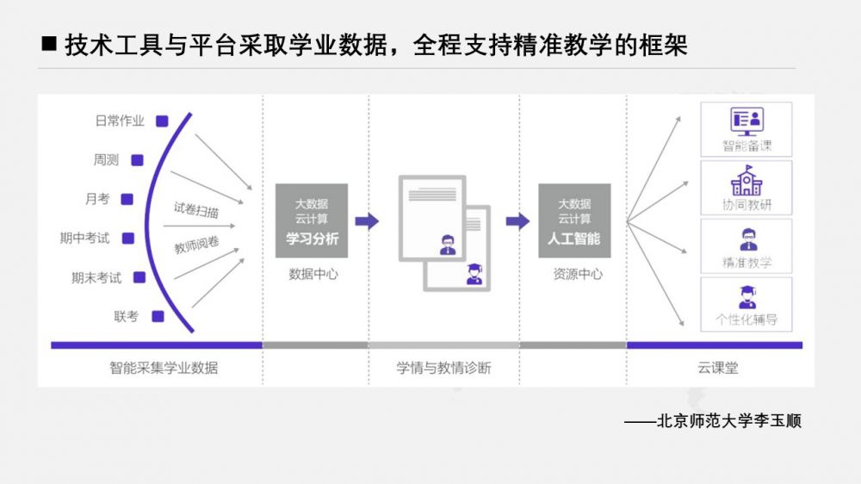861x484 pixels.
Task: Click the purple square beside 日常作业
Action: click(x=161, y=121)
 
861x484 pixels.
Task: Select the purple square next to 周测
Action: click(x=136, y=159)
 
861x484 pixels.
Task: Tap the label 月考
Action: click(x=97, y=199)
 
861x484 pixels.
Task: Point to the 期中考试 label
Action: click(x=84, y=239)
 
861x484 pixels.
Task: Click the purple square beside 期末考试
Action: click(x=139, y=277)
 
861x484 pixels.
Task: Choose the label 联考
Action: click(x=126, y=316)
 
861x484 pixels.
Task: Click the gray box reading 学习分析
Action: click(x=312, y=220)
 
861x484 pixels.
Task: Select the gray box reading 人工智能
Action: click(x=574, y=220)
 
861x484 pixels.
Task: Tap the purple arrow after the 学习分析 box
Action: click(x=367, y=221)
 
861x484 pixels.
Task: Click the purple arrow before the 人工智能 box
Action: click(x=517, y=221)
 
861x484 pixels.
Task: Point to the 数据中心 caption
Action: click(x=313, y=275)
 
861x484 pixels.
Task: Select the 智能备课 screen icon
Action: click(x=746, y=121)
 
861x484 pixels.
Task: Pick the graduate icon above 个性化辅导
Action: click(x=746, y=297)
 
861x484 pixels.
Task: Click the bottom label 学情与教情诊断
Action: click(x=443, y=368)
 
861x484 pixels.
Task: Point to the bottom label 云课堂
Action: click(x=717, y=368)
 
